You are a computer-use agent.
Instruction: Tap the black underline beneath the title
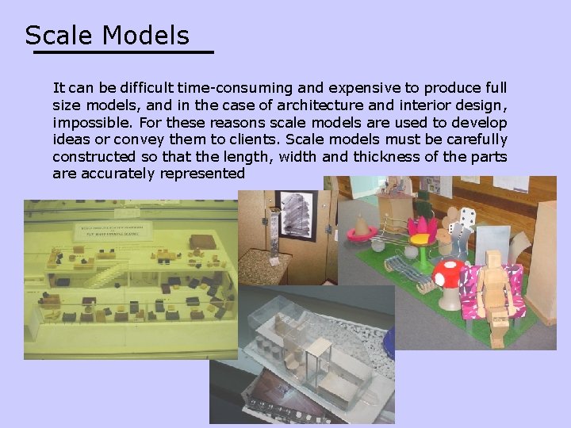pos(123,52)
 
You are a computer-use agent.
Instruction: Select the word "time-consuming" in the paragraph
pos(233,87)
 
